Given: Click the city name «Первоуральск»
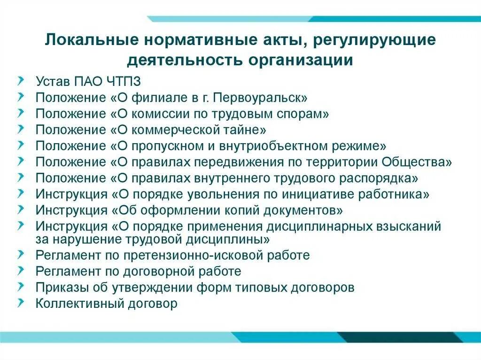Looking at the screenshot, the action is click(266, 98).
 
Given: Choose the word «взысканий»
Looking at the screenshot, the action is click(408, 226).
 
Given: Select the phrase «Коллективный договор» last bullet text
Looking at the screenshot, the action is click(107, 303).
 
